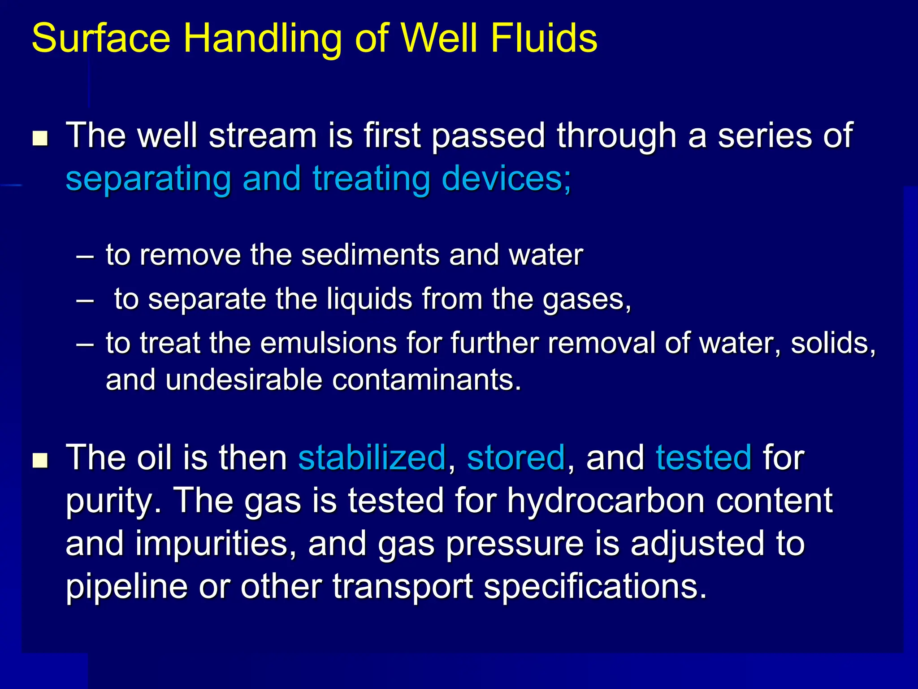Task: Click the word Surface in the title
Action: point(101,38)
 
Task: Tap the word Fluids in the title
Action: point(544,38)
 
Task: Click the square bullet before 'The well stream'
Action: point(40,139)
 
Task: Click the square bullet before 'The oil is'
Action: point(40,460)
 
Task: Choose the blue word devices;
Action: point(507,179)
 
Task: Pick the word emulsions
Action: point(329,343)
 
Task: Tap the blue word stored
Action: point(515,458)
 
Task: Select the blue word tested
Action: point(703,458)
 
